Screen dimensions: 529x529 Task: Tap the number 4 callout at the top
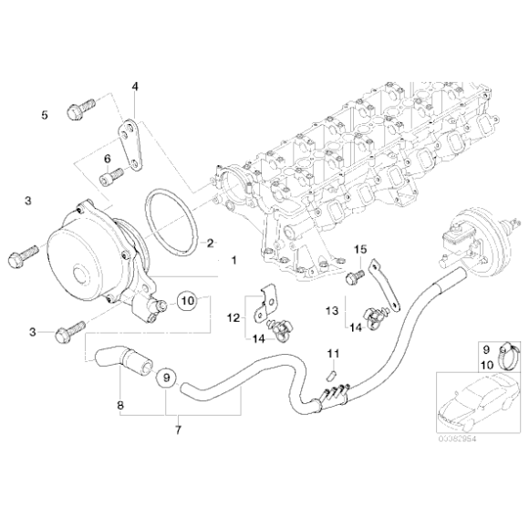[x=135, y=87]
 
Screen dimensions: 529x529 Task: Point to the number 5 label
[x=44, y=115]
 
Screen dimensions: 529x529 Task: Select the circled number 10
[x=186, y=299]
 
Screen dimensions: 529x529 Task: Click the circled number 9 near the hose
[x=165, y=375]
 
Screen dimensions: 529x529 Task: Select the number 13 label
[x=333, y=310]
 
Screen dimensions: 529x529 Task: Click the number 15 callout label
[x=359, y=249]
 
